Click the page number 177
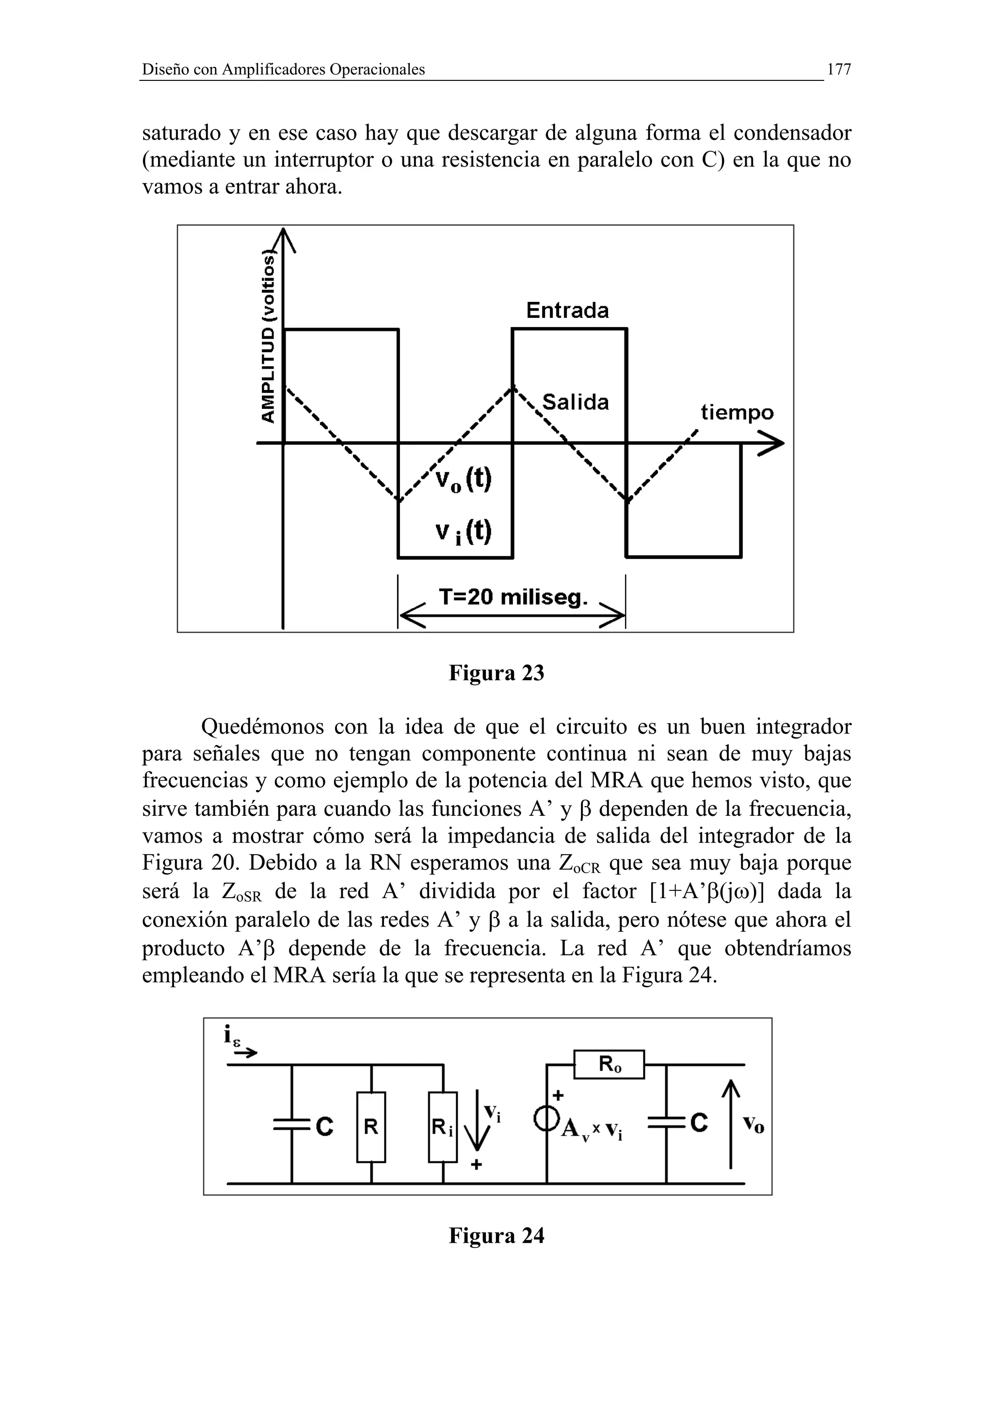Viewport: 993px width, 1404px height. (x=838, y=70)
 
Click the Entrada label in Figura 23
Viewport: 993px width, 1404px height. (x=567, y=311)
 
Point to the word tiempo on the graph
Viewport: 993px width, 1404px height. (x=737, y=413)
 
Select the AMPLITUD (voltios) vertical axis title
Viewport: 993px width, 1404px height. (x=268, y=336)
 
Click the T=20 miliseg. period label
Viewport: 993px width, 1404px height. (x=513, y=597)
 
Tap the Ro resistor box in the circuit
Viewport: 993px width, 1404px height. (x=609, y=1064)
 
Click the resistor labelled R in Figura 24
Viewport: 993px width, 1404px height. (x=371, y=1127)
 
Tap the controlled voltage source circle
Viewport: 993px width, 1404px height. (x=546, y=1119)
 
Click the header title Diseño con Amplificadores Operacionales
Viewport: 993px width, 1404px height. (x=283, y=70)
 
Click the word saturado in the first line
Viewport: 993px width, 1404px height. (x=182, y=133)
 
